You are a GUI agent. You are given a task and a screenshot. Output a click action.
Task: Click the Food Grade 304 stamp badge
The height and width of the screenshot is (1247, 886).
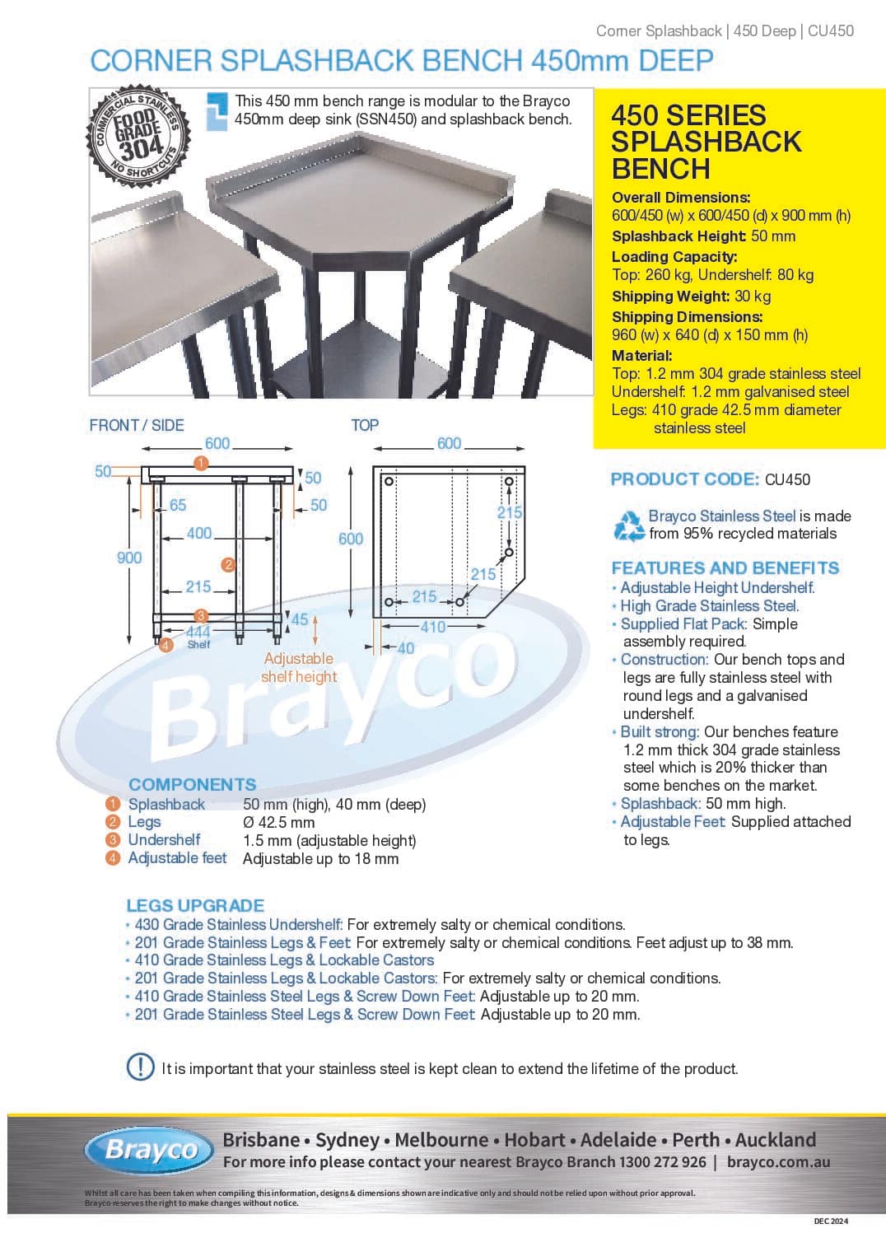pos(138,137)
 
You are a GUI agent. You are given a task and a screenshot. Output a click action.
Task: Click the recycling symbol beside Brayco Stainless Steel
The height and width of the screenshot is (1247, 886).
pos(629,525)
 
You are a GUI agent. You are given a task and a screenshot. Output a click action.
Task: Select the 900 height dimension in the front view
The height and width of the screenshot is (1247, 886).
pos(129,558)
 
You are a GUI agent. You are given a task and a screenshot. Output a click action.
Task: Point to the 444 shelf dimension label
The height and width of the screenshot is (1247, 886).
pos(198,632)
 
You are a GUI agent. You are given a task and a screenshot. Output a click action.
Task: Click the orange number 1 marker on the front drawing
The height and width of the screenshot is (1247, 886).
pos(200,463)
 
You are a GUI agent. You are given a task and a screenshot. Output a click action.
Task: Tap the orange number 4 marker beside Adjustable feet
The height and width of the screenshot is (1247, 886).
pos(113,858)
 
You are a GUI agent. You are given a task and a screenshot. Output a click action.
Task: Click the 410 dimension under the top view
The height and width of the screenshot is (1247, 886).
pos(433,627)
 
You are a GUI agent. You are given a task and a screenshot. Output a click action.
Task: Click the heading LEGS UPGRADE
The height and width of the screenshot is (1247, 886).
pos(195,905)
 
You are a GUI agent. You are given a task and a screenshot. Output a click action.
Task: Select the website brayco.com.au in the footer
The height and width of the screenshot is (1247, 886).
pos(778,1162)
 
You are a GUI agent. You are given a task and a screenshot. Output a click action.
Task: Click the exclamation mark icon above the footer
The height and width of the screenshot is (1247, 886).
pos(140,1067)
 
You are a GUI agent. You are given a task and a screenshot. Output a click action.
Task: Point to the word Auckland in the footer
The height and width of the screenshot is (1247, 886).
pos(775,1140)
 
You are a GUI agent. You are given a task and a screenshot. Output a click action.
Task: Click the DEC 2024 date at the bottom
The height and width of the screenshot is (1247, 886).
pos(830,1221)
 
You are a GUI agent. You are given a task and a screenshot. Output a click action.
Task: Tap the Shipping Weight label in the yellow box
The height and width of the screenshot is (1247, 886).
pos(670,297)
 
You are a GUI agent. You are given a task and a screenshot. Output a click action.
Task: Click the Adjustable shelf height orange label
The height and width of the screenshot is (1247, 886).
pos(298,667)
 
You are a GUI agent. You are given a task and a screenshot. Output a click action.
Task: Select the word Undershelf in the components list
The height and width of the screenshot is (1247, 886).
pos(164,840)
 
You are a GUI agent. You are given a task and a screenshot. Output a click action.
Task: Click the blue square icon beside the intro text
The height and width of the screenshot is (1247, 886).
pos(217,110)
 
